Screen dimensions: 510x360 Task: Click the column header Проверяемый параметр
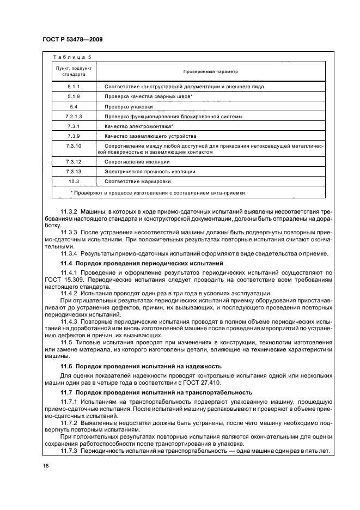[x=210, y=71]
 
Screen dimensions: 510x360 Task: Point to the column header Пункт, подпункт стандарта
[x=74, y=71]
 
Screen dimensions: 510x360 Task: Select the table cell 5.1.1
[x=74, y=87]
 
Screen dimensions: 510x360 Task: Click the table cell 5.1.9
[x=74, y=96]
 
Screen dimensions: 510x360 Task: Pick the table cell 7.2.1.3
[x=74, y=117]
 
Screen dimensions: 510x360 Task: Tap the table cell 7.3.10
[x=74, y=146]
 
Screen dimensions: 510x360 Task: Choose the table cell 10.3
[x=74, y=181]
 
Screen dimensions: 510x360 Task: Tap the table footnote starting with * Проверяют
[x=158, y=192]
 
